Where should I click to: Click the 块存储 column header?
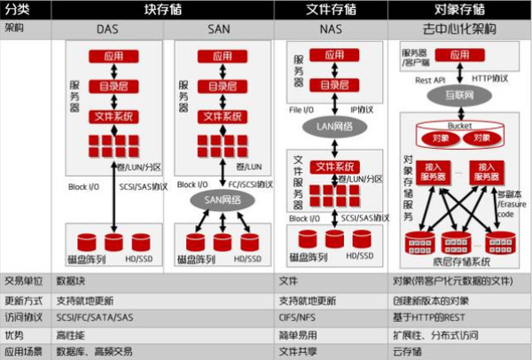click(x=164, y=9)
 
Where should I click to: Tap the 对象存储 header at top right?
click(x=461, y=9)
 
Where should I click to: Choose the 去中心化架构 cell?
click(x=461, y=28)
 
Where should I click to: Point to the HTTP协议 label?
click(x=490, y=77)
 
